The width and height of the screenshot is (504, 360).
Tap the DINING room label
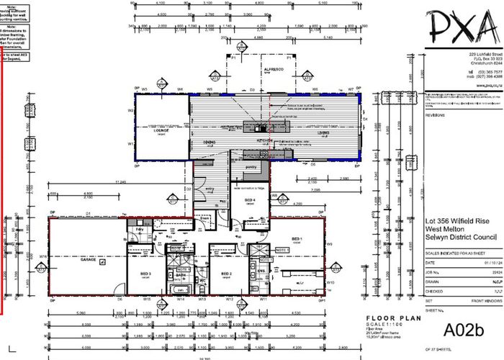[x=210, y=143]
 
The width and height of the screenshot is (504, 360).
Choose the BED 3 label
[x=145, y=274]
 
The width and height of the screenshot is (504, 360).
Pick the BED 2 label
[x=226, y=274]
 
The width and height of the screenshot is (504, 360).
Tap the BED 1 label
[x=296, y=238]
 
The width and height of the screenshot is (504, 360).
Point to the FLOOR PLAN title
[x=388, y=318]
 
